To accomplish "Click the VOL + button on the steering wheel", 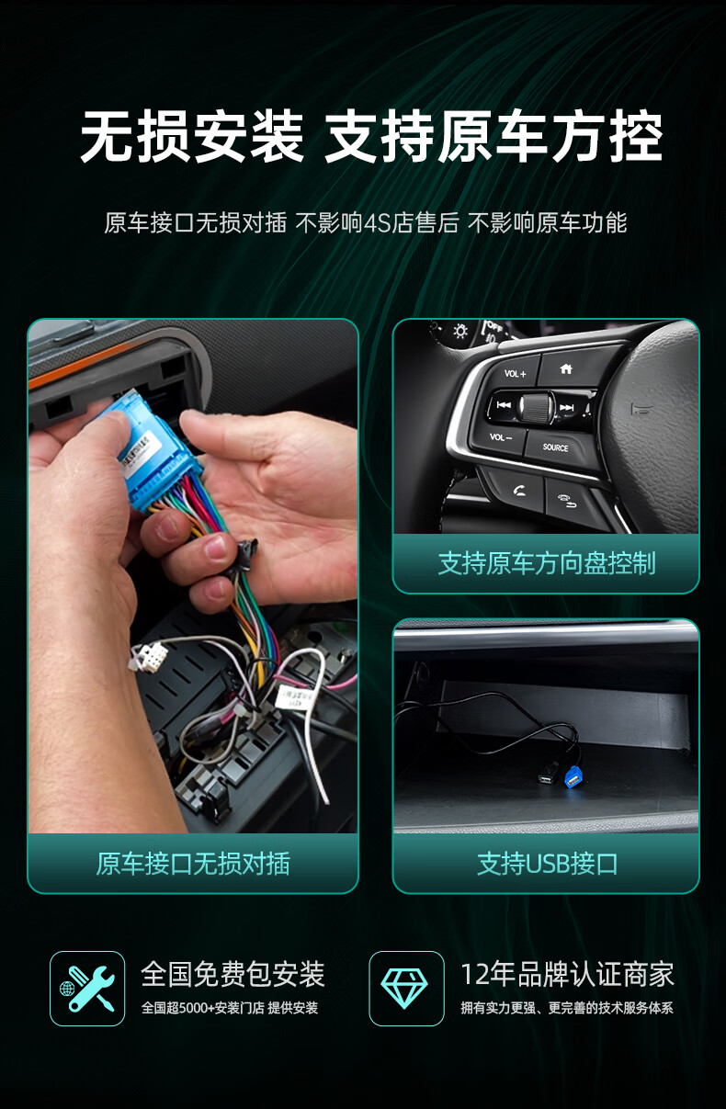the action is pos(514,372).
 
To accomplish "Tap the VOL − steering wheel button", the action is pos(500,438).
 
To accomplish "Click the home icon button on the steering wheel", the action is pos(566,368).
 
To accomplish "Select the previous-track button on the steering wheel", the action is pos(504,405).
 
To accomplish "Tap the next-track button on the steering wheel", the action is pos(568,407).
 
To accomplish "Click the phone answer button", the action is pos(516,490).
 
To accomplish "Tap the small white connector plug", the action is pos(147,657).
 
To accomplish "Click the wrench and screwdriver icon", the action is pos(87,989).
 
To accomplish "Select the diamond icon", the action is pos(404,989).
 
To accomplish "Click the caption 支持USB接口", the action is pos(547,864).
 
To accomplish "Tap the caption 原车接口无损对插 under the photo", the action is pos(193,864).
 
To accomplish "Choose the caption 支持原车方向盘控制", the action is pos(547,563).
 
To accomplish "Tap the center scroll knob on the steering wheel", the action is pos(537,406).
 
